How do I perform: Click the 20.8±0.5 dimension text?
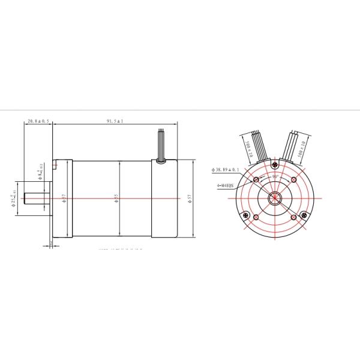click(x=38, y=121)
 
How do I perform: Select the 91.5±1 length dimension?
click(x=115, y=121)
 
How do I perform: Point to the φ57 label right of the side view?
click(x=190, y=198)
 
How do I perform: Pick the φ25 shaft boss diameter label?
click(x=14, y=198)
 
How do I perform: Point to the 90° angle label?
click(x=275, y=177)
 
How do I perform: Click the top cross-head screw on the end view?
click(x=275, y=164)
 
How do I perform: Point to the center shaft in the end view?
click(x=275, y=198)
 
